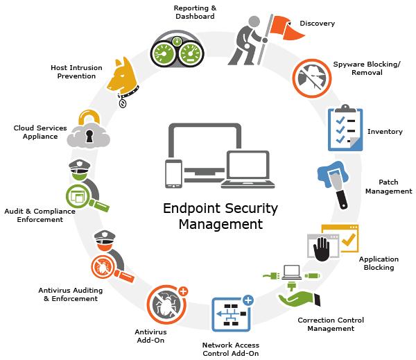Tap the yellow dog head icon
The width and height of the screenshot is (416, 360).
[123, 77]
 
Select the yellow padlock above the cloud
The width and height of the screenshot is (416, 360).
[89, 117]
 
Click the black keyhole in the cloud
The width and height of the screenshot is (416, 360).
[89, 136]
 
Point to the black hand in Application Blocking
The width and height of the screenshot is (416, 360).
[321, 249]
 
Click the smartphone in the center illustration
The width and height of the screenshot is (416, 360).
[173, 173]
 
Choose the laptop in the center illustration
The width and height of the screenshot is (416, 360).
[248, 169]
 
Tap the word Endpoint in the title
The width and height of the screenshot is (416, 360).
[189, 208]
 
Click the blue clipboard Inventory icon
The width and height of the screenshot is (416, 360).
[345, 128]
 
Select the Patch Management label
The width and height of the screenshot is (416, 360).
[389, 187]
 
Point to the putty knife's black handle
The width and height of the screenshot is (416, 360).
[342, 199]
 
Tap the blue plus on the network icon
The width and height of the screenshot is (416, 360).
[248, 300]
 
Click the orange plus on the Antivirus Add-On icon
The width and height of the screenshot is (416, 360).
[183, 291]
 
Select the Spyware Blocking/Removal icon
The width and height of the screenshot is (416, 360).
[312, 78]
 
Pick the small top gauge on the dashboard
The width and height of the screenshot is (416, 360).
[177, 41]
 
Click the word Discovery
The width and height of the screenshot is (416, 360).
[317, 24]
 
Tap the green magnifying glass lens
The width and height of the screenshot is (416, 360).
[77, 196]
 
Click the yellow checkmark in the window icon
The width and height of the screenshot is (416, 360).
[349, 239]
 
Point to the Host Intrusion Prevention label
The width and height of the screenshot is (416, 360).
[76, 71]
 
